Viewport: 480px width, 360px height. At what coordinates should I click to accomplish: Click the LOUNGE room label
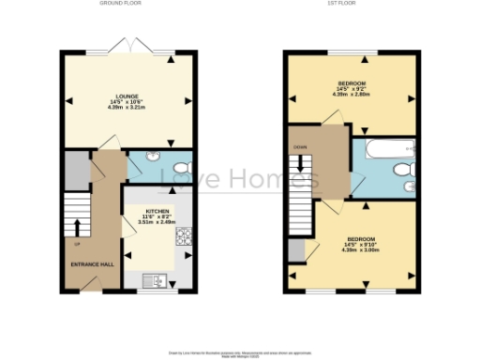coord(127,96)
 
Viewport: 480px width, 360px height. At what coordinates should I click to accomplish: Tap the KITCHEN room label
coord(157,212)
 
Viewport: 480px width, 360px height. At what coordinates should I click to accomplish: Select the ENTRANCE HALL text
coord(93,263)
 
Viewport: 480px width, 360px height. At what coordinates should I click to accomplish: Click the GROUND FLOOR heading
coord(120,4)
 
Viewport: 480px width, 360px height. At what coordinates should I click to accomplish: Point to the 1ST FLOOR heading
coord(352,4)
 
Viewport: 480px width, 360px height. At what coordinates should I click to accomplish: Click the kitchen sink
coord(153,278)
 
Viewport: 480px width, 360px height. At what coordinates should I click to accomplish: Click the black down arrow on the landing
coord(302,164)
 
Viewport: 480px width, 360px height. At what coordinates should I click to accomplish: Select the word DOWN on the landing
coord(300,147)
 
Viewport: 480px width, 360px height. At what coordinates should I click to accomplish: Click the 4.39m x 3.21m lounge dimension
coord(127,107)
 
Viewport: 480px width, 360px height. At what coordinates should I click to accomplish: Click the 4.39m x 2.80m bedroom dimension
coord(352,95)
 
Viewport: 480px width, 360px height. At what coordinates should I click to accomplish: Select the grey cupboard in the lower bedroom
coord(296,250)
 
